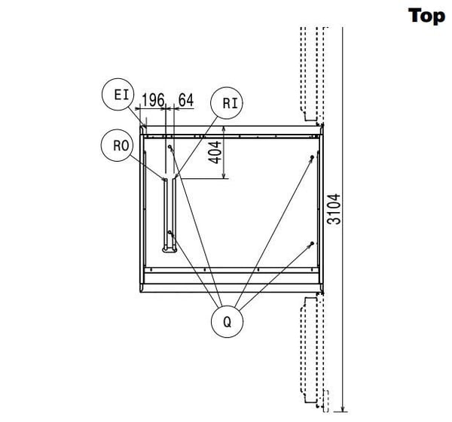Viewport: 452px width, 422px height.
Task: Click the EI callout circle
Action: point(118,94)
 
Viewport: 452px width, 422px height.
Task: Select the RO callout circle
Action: point(118,145)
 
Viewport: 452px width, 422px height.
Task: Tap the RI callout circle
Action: point(227,103)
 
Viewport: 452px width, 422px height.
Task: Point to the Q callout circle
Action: point(228,321)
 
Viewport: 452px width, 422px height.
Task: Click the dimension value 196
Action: point(153,100)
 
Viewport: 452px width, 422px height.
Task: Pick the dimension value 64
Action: point(186,100)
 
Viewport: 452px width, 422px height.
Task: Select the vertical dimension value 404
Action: point(215,153)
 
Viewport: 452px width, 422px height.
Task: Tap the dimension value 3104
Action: point(334,209)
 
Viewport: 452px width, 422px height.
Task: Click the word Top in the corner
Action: point(426,16)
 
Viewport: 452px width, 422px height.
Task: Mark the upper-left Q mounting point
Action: point(169,147)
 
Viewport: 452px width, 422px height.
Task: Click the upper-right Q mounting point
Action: point(312,157)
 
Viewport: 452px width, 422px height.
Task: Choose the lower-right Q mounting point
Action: point(312,244)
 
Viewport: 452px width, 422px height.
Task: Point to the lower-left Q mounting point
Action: point(169,232)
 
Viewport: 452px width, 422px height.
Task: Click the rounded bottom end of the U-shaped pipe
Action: point(169,250)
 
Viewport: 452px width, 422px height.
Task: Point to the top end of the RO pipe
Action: point(166,179)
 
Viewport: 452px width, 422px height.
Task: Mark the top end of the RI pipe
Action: point(174,179)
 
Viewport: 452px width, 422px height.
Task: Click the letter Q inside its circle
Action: point(228,322)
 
